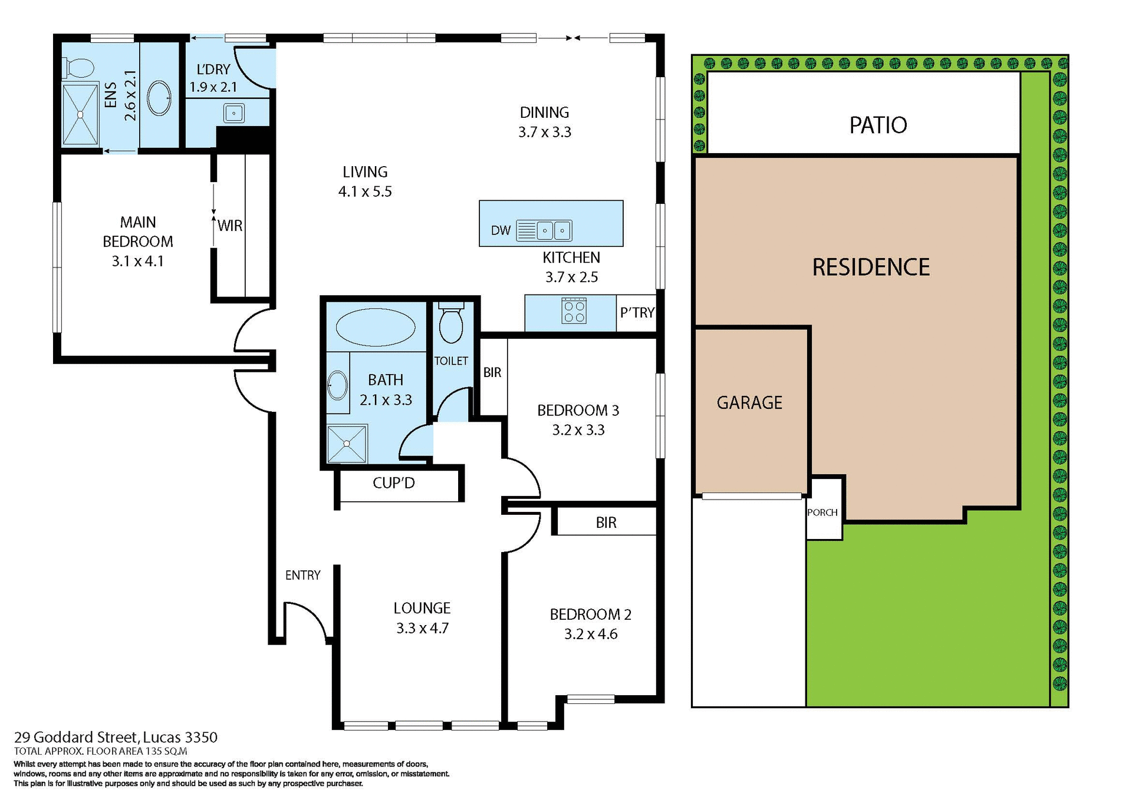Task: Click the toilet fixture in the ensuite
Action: (78, 68)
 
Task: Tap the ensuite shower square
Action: (80, 114)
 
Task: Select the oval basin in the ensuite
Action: (159, 98)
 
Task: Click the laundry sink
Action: (234, 113)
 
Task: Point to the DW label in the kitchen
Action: (501, 230)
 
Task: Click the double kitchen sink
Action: (544, 230)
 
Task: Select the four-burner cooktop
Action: (574, 311)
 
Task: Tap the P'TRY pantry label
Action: (637, 312)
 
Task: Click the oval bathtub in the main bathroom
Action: (375, 327)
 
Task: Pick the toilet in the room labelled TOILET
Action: (451, 324)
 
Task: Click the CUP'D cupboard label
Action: (394, 483)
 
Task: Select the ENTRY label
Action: (302, 575)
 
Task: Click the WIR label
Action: (230, 226)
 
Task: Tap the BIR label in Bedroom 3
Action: (492, 372)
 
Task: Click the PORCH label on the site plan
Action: (822, 513)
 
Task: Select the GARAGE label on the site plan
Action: (749, 402)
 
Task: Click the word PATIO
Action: (878, 125)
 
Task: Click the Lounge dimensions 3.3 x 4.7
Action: (422, 628)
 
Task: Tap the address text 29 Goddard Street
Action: (77, 737)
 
